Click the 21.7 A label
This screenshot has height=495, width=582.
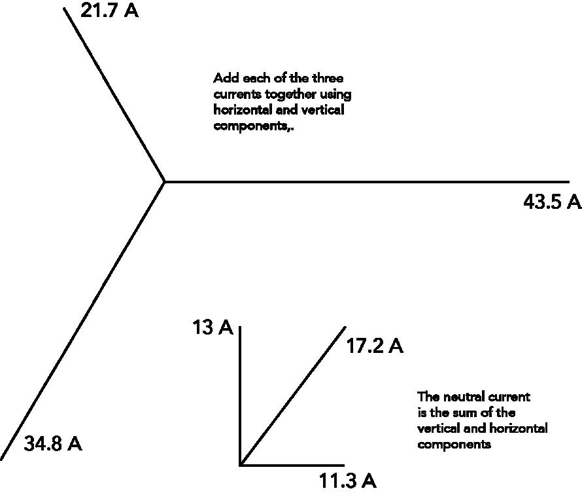(109, 11)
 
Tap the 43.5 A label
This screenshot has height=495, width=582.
(552, 202)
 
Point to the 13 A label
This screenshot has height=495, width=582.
(213, 327)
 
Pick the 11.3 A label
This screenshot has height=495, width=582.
(347, 481)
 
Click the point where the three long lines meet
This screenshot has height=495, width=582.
(164, 181)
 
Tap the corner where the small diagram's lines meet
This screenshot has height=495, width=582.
(241, 465)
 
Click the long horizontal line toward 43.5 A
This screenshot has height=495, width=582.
(366, 181)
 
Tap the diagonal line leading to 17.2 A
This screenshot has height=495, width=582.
(292, 396)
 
